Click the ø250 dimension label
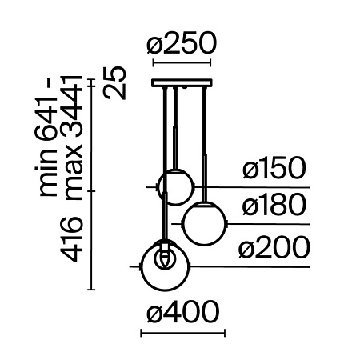click(181, 46)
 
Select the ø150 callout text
click(274, 170)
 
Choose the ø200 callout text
click(274, 249)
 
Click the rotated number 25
click(118, 82)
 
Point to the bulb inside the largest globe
click(166, 258)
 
